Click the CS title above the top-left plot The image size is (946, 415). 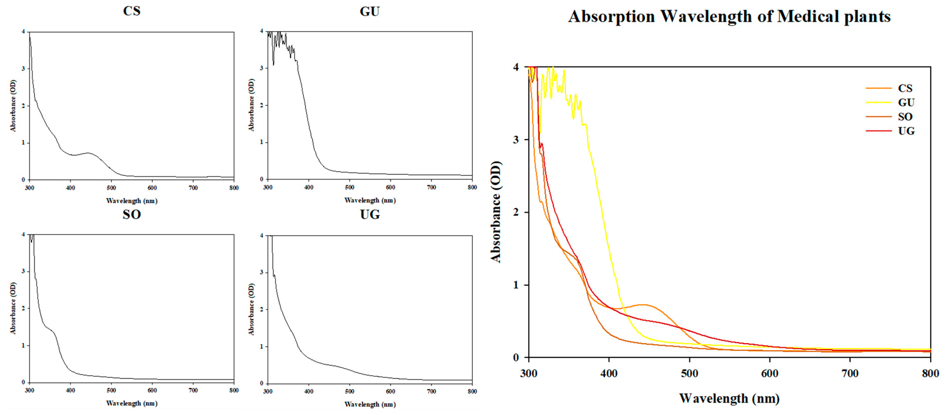(x=131, y=11)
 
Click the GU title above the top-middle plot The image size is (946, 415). (x=369, y=12)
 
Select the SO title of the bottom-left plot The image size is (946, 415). (x=131, y=214)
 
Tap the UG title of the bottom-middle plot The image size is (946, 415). (x=369, y=214)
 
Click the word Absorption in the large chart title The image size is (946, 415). (x=612, y=17)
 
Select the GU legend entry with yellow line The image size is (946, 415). (x=906, y=103)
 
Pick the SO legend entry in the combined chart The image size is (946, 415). (x=905, y=117)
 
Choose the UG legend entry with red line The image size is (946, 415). (x=906, y=131)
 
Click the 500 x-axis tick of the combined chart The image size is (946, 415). (x=689, y=373)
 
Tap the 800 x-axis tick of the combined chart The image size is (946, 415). (x=930, y=373)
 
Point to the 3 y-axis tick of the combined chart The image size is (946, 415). (x=516, y=140)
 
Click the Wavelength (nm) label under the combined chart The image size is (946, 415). (x=729, y=398)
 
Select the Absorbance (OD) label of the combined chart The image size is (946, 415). (x=496, y=212)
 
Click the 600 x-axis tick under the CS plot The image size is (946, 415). (x=152, y=188)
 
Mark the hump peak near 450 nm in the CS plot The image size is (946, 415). (x=88, y=153)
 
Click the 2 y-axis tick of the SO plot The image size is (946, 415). (x=23, y=308)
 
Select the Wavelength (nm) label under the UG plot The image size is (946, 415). (x=370, y=404)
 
